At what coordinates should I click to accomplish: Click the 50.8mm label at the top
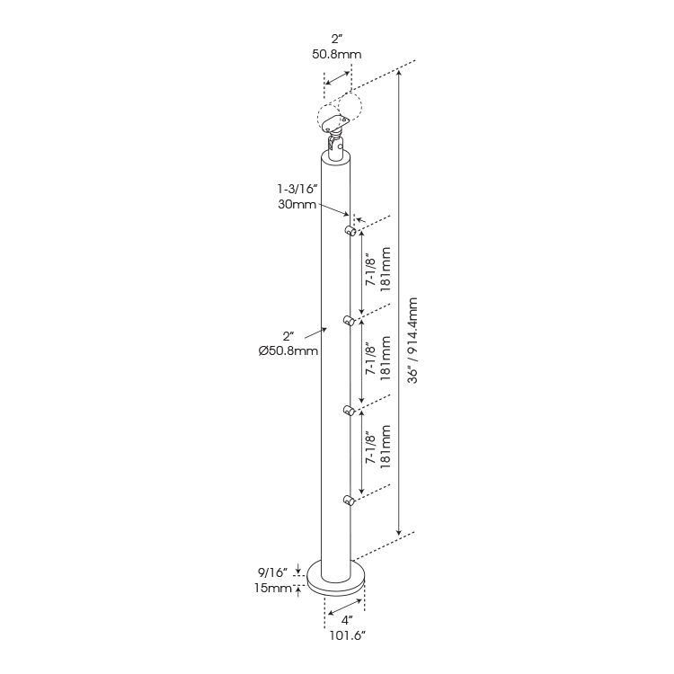point(337,55)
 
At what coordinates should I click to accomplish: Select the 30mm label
point(297,204)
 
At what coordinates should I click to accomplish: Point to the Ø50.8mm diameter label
point(288,350)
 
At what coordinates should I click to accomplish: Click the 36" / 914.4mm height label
point(412,340)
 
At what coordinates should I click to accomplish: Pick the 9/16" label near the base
point(272,572)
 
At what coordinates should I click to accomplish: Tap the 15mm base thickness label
point(273,588)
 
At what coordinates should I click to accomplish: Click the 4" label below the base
point(347,620)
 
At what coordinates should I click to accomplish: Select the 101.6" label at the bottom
point(347,635)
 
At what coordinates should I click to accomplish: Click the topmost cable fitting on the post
point(350,231)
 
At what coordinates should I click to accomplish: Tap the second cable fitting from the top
point(350,321)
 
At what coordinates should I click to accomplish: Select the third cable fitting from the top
point(350,411)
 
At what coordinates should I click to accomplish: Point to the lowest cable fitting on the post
point(350,500)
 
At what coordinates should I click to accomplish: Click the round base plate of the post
point(336,579)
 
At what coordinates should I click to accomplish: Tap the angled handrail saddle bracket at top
point(335,123)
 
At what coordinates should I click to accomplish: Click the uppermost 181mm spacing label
point(386,269)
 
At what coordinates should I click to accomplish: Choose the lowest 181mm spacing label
point(386,447)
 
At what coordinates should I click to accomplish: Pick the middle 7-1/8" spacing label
point(370,359)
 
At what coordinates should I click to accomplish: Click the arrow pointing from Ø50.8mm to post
point(316,333)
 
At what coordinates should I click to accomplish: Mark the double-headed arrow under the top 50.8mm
point(338,78)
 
